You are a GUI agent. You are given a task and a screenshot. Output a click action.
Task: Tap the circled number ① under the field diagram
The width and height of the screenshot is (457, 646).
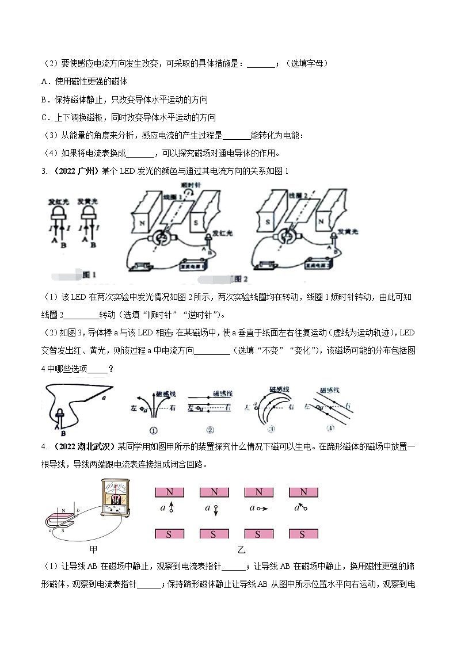pos(153,430)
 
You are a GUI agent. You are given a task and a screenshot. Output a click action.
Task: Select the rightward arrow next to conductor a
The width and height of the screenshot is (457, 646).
pos(262,509)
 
